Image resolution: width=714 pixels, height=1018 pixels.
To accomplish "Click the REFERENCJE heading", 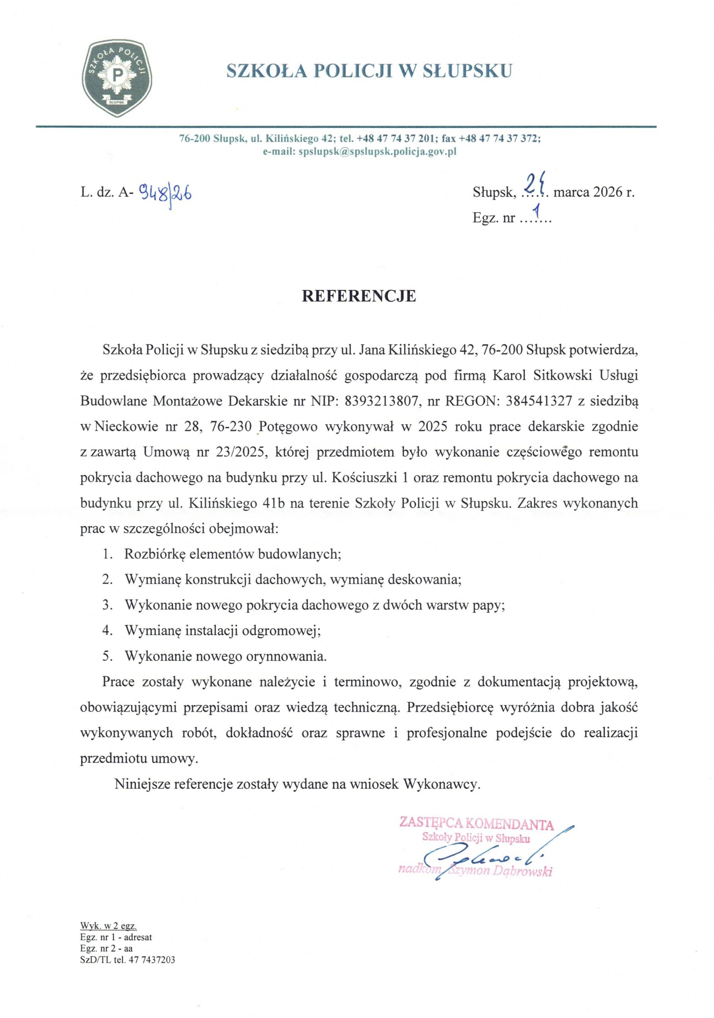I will point(359,296).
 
